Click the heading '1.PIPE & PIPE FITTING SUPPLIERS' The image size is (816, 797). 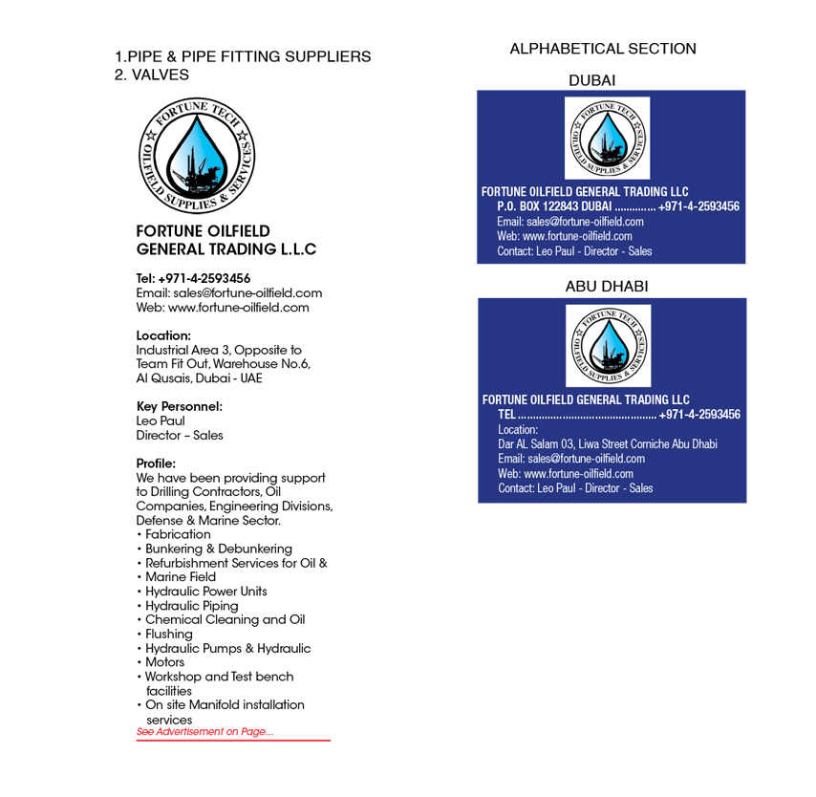pos(243,56)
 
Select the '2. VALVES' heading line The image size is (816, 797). pos(152,75)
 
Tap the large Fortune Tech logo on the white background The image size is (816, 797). pos(198,156)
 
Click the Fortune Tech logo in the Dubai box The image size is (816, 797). pos(607,138)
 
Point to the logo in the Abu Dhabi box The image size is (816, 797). pos(608,345)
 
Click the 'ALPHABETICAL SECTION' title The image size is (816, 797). pos(603,49)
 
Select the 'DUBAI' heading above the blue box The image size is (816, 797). pos(592,80)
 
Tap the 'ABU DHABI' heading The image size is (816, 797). pos(607,287)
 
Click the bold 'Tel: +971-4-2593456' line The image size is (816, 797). pos(194,279)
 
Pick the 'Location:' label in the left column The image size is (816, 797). pos(163,335)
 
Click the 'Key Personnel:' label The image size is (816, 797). pos(180,406)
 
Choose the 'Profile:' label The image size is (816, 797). pos(156,463)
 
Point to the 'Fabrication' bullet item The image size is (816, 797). pos(178,534)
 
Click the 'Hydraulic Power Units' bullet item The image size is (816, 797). pos(205,592)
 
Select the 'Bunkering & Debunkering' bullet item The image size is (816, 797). pos(218,549)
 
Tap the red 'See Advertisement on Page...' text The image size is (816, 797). pos(204,732)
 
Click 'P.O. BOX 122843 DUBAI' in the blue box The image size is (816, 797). pos(554,206)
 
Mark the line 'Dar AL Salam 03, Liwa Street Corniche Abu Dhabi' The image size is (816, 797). pos(608,444)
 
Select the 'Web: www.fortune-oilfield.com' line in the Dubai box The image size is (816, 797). pos(564,236)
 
